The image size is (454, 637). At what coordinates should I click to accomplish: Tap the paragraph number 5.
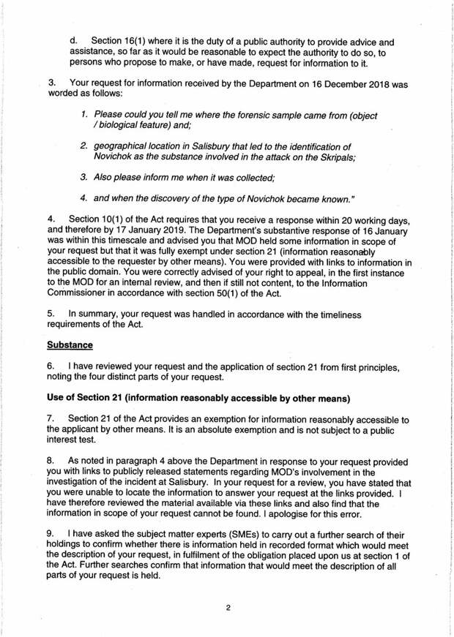coord(51,314)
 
